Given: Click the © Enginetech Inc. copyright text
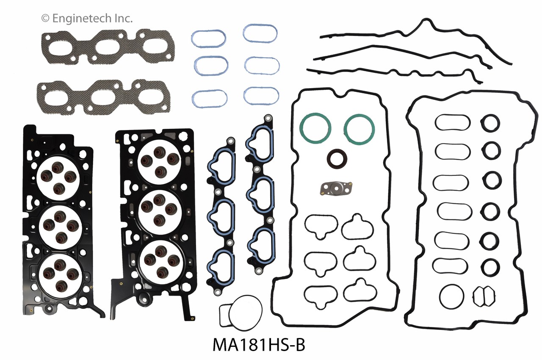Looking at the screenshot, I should pos(87,18).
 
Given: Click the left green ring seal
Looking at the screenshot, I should pos(315,127).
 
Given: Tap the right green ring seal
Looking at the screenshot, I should pos(360,127).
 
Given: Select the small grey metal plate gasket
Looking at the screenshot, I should pos(336,187).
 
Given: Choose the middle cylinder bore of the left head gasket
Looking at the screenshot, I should pos(59,224).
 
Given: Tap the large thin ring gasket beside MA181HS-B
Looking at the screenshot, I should pos(240,315).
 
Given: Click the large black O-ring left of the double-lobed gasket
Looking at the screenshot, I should pos(452,296).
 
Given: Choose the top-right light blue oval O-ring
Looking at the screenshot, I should pos(260,33).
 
